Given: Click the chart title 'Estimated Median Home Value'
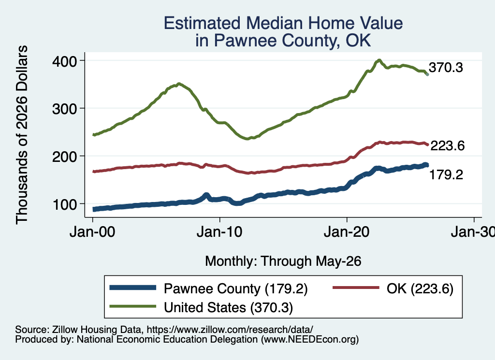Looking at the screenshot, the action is coord(283,23).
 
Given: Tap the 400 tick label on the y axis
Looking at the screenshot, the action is coord(65,61).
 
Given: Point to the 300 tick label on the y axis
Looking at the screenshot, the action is coord(65,109).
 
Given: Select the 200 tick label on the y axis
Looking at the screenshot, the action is coord(65,157).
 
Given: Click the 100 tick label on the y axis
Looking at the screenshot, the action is coord(65,204).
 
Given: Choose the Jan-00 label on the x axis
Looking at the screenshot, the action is coord(92,232).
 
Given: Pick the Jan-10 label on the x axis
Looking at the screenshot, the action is coord(219,232).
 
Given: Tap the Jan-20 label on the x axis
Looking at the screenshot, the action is coord(347,232).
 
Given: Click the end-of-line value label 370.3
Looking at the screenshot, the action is coord(446,68).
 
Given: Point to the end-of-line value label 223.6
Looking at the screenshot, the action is coord(447,146).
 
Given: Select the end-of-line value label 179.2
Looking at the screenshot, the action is coord(446,174).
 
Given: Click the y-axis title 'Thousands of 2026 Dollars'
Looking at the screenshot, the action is coord(22,135).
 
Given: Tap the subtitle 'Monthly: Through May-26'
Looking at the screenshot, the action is coord(283,261).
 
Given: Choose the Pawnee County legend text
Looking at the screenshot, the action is coord(235,288).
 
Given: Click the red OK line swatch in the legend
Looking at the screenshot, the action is coord(356,288).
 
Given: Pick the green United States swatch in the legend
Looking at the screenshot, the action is coord(132,306).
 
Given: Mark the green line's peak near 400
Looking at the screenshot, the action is coord(379,60).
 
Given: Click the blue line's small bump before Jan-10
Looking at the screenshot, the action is coord(206,195).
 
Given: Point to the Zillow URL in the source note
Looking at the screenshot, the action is coord(230,330).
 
